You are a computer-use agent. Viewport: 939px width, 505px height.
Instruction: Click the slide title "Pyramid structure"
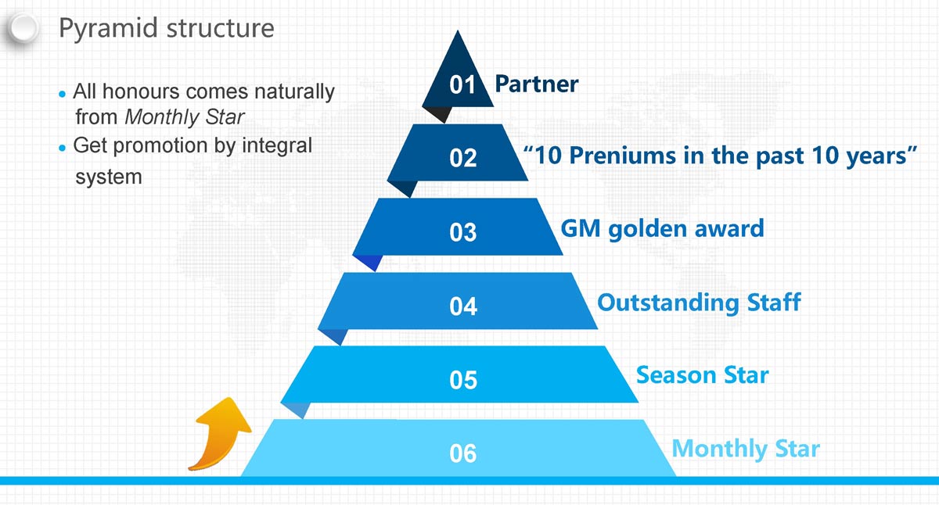coord(167,28)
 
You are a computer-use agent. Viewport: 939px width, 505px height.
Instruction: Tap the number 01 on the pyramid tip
coord(462,84)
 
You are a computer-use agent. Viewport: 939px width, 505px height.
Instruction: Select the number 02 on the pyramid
coord(462,158)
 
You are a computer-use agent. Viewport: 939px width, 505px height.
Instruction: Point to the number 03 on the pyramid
coord(462,232)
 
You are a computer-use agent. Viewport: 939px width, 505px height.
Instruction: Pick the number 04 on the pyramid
coord(463,306)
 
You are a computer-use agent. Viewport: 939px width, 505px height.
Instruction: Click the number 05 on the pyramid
coord(463,380)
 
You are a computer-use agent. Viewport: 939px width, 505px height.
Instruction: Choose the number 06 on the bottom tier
coord(462,453)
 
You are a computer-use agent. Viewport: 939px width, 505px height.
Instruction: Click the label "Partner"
coord(537,84)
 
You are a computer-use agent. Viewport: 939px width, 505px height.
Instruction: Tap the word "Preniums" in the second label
coord(623,156)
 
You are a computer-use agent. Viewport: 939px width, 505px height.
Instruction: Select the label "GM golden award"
coord(662,229)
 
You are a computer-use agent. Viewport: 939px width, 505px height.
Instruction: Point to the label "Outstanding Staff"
coord(699,303)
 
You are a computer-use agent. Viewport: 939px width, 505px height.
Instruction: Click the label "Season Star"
coord(703,374)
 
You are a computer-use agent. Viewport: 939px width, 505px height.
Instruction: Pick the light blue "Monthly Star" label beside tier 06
coord(746,449)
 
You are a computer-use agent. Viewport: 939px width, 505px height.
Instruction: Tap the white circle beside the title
coord(23,28)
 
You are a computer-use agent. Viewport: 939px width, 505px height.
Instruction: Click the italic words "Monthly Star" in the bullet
coord(185,117)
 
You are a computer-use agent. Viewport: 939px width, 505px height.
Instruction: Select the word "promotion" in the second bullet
coord(160,146)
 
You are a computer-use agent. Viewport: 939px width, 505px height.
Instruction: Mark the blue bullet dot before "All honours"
coord(63,95)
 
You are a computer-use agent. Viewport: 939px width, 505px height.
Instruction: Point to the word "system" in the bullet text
coord(109,177)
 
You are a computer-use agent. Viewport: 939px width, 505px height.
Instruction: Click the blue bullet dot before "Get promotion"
coord(63,148)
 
